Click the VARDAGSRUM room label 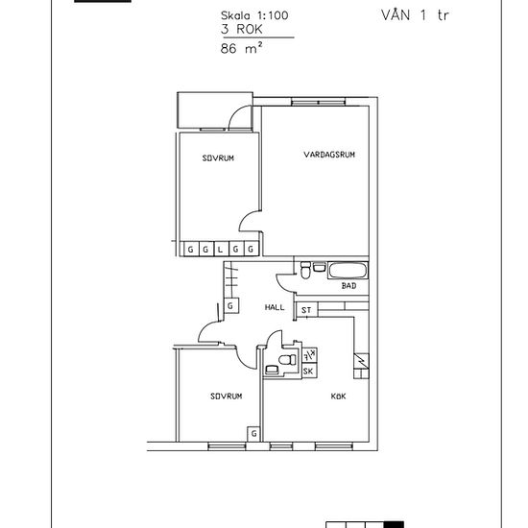click(329, 155)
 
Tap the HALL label click(275, 307)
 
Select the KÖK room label click(338, 396)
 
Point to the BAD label click(348, 286)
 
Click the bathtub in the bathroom click(348, 271)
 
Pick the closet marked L click(221, 250)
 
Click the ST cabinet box click(306, 310)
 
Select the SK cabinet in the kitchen click(309, 372)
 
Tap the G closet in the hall click(231, 305)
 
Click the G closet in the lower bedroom click(254, 433)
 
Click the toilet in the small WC click(287, 360)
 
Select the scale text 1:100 click(273, 15)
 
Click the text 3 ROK click(241, 30)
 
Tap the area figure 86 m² click(241, 48)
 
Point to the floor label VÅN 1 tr click(415, 15)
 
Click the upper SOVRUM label click(218, 158)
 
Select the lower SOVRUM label click(227, 396)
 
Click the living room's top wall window click(319, 102)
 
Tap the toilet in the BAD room click(305, 271)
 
